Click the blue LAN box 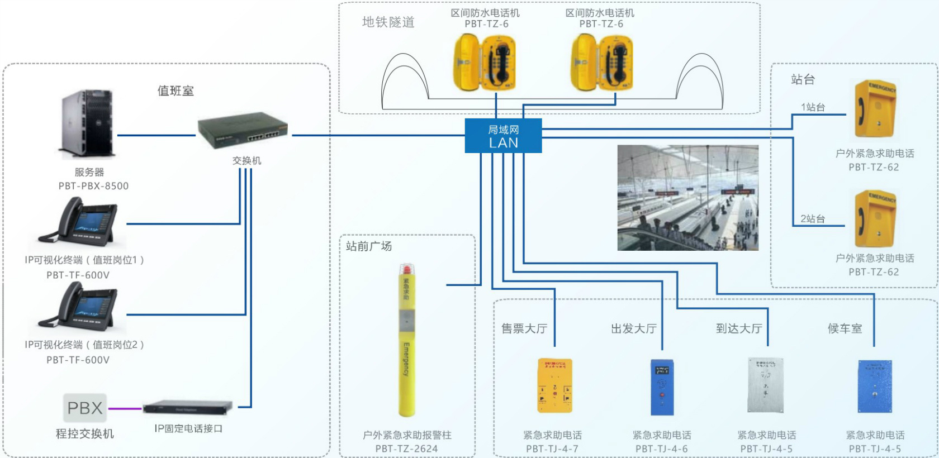(503, 136)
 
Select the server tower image (88, 124)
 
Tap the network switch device (243, 132)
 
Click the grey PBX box (84, 408)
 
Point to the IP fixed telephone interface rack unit (187, 407)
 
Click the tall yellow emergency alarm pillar (407, 341)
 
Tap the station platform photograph (687, 198)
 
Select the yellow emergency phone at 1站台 (875, 109)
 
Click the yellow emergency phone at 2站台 (875, 218)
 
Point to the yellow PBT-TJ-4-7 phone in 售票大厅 (554, 385)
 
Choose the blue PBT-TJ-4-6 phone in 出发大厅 (662, 387)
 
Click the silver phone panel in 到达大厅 (765, 385)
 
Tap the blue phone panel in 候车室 (875, 385)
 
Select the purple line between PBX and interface (125, 408)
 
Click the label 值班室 (176, 91)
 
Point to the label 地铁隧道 (388, 22)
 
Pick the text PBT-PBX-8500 (93, 186)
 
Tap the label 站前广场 (369, 246)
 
